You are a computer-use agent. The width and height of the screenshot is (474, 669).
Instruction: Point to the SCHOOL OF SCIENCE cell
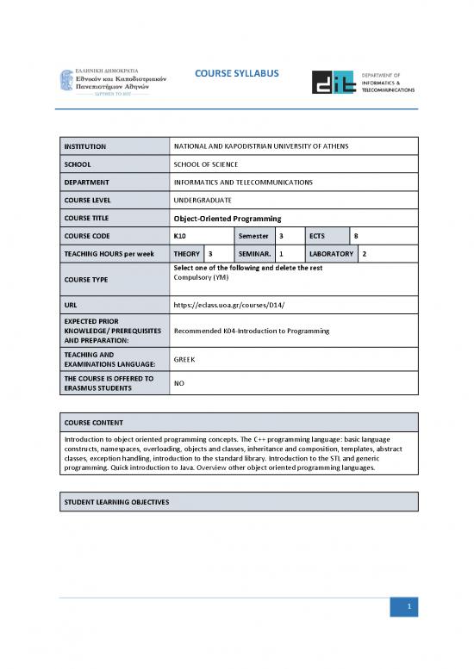coord(205,164)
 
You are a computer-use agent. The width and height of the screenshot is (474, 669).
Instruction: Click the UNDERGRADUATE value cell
coord(203,200)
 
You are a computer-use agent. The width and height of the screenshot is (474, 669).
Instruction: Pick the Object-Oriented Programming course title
coord(228,218)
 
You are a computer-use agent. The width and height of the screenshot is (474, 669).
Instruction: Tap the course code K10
coord(182,236)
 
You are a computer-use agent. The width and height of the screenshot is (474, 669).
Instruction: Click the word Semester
coord(254,236)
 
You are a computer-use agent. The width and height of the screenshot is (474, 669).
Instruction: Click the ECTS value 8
coord(356,236)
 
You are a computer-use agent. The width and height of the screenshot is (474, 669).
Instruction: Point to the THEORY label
coord(187,254)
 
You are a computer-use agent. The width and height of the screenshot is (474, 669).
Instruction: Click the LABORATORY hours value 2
coord(365,254)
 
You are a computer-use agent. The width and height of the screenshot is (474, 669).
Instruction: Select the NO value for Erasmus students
coord(179,384)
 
